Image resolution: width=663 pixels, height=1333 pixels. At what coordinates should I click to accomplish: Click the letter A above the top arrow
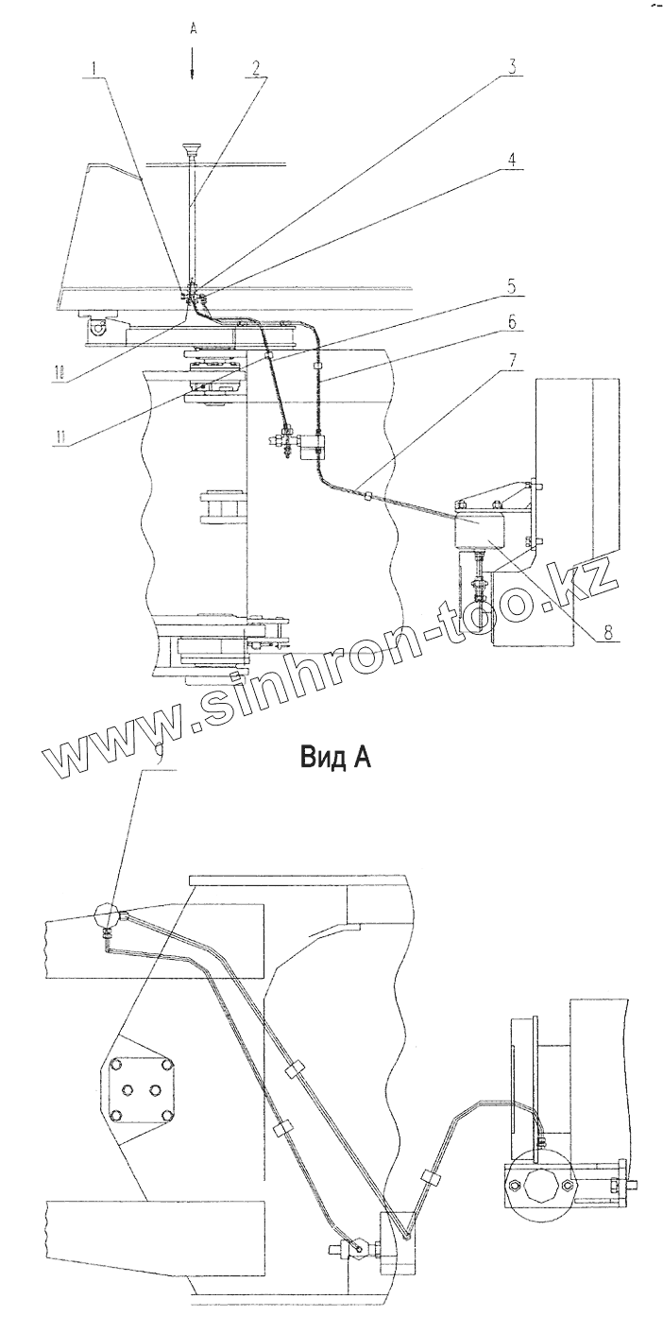(192, 29)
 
